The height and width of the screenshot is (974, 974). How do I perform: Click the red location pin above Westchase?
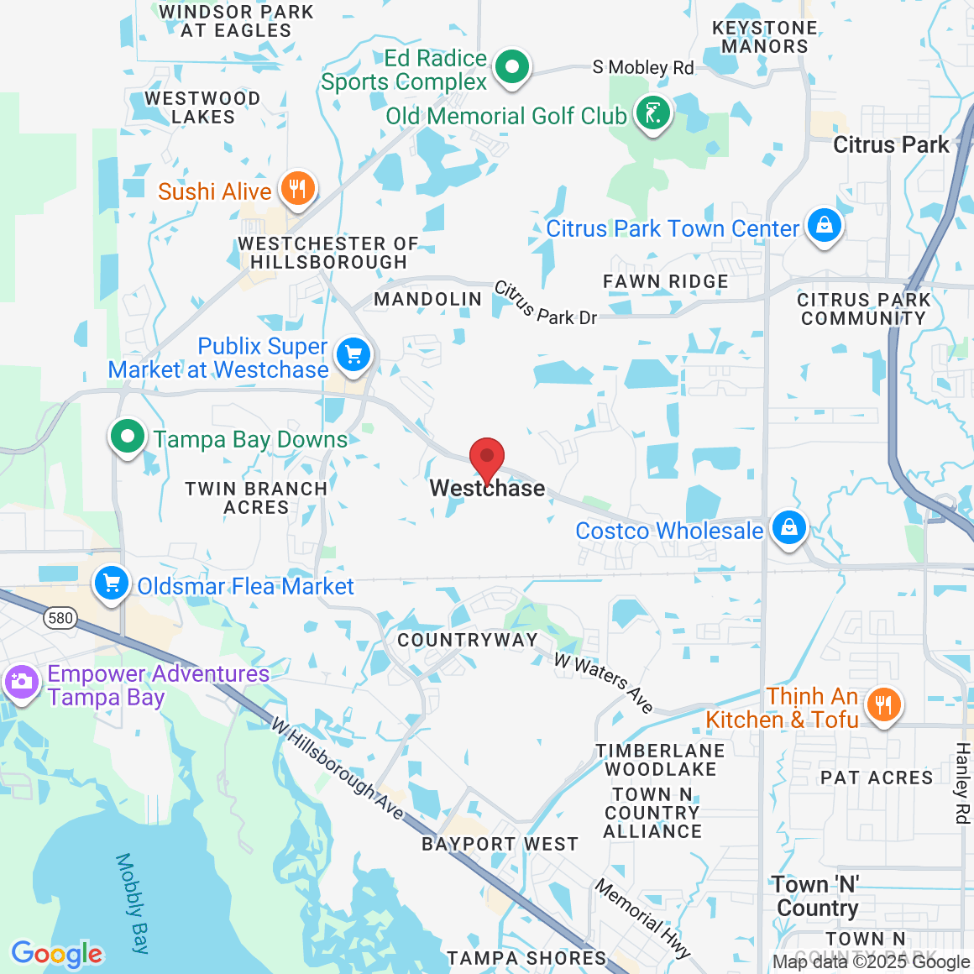tap(486, 459)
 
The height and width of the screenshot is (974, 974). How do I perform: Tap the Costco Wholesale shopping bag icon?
tap(788, 528)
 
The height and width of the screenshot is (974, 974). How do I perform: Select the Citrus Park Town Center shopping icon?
tap(825, 226)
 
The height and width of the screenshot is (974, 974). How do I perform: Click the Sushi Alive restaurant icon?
tap(297, 189)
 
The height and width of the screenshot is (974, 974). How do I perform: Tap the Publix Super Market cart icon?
tap(353, 355)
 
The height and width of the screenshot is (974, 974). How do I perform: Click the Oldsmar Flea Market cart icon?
tap(112, 584)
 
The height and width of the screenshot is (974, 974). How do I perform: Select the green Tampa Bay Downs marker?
tap(128, 437)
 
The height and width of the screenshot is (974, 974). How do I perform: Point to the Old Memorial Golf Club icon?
tap(653, 113)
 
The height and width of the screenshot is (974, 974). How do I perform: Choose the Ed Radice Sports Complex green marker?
tap(511, 66)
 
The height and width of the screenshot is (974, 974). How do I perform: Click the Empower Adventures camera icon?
tap(21, 681)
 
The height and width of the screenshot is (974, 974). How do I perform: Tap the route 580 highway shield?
tap(60, 619)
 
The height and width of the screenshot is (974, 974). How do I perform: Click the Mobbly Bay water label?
tap(133, 903)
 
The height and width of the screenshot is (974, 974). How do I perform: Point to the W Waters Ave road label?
tap(604, 683)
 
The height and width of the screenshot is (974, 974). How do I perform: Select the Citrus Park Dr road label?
tap(545, 304)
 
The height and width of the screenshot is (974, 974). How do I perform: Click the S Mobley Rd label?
tap(643, 67)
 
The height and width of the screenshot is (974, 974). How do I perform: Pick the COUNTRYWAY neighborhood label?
tap(468, 640)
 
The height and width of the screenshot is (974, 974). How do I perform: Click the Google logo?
tap(57, 954)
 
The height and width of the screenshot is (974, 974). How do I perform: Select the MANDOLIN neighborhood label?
tap(428, 299)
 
